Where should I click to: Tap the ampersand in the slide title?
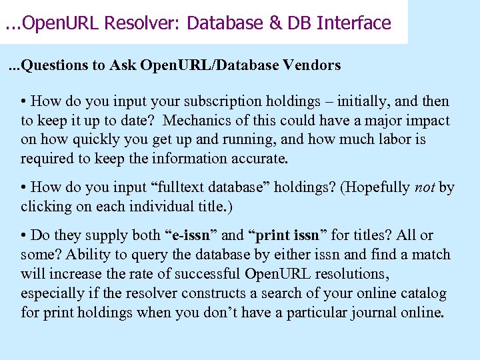[x=275, y=23]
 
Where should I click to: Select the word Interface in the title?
[x=354, y=23]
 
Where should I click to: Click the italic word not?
[x=425, y=187]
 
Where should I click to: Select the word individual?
[x=144, y=207]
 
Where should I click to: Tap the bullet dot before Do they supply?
[x=24, y=235]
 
